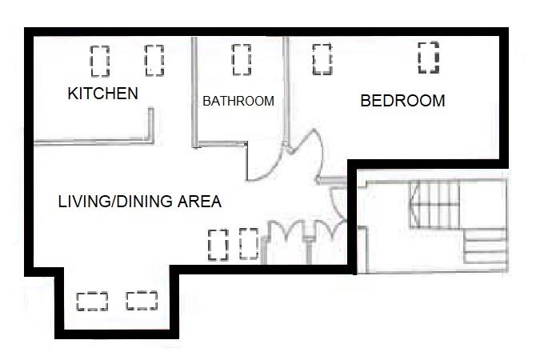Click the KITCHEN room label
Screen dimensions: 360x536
coord(102,94)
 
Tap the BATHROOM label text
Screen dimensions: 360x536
coord(238,102)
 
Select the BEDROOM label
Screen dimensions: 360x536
coord(402,102)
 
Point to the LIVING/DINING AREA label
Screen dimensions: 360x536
coord(139,202)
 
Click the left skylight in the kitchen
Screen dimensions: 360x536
coord(99,60)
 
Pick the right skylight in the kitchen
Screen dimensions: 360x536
coord(154,59)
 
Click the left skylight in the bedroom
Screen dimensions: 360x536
coord(322,58)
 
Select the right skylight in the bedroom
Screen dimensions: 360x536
coord(428,58)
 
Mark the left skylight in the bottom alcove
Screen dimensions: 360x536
coord(92,301)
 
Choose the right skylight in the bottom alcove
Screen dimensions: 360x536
coord(142,300)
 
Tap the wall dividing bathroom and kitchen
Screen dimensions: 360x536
coord(192,92)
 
